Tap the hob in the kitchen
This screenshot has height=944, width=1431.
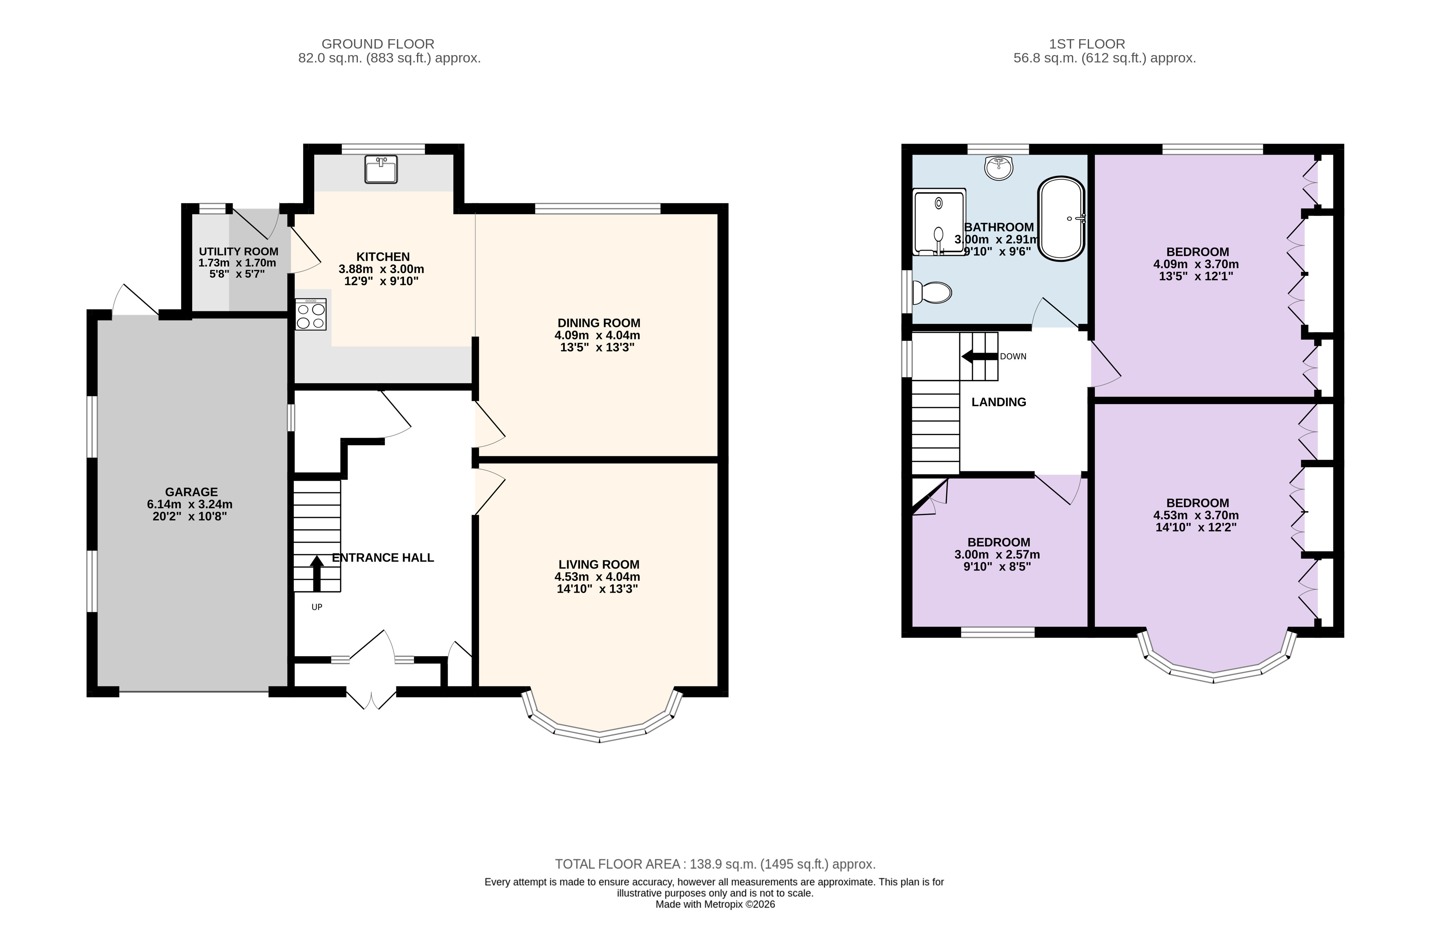311,314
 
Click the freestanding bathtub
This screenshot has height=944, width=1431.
1061,218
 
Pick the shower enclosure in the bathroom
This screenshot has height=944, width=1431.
939,222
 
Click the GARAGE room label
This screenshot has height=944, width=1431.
191,492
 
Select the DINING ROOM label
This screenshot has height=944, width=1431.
599,323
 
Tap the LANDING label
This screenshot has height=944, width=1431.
999,402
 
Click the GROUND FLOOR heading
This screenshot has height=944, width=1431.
378,44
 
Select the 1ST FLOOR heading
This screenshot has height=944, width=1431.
1087,44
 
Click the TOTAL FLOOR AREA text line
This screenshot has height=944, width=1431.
715,864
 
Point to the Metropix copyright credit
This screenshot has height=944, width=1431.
715,904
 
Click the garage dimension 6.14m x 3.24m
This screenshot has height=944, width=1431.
190,504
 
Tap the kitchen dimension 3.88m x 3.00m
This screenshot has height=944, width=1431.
382,269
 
